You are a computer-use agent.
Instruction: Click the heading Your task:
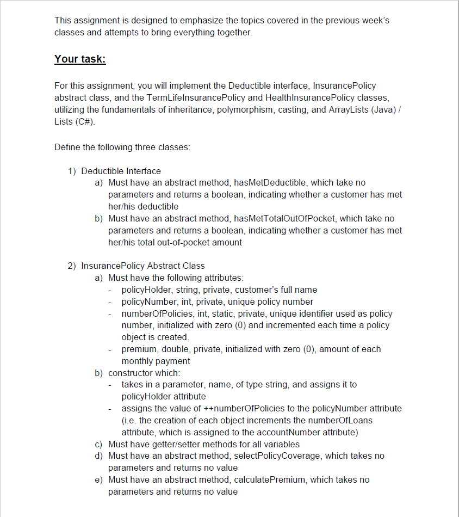tap(80, 59)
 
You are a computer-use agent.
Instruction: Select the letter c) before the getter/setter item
tap(98, 444)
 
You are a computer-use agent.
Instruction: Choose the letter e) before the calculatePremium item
tap(98, 480)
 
